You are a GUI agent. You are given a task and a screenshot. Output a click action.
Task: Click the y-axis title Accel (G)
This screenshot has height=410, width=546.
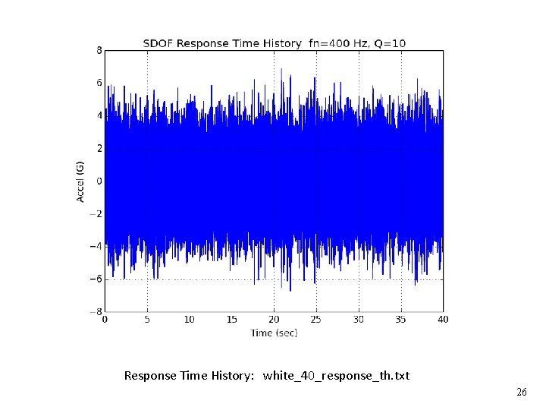pos(80,180)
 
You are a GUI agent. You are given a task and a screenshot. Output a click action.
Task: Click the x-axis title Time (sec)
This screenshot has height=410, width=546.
pos(274,333)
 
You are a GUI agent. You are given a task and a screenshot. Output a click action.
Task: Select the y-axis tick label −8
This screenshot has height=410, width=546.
pos(97,311)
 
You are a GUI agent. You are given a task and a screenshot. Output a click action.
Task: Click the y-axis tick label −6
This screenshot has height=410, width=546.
pos(97,279)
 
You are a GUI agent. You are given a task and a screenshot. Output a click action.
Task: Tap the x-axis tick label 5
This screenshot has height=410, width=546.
pos(147,320)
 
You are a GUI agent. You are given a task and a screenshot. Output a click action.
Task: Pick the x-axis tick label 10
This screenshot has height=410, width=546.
pos(190,320)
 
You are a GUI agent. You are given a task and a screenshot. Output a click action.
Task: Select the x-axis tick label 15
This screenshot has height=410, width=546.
pos(232,320)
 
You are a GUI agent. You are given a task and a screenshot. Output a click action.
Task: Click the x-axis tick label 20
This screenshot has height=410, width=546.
pos(275,320)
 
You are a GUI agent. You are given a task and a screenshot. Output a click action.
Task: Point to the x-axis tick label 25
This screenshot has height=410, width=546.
pos(316,320)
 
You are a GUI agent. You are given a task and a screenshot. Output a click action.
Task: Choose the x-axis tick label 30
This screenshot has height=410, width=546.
pos(359,320)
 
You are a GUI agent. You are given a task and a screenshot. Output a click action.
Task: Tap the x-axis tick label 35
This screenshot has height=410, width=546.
pos(401,320)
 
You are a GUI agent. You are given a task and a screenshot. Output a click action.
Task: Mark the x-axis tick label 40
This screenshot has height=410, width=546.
pos(443,320)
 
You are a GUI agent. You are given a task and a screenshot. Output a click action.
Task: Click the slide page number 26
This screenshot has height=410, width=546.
pos(521,393)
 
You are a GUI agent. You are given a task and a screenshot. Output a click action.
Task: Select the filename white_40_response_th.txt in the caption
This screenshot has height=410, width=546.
pos(336,376)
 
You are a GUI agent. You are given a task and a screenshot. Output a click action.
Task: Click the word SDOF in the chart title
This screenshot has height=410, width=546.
pos(157,43)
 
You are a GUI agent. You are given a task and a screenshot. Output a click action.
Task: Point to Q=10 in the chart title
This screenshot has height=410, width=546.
pos(388,43)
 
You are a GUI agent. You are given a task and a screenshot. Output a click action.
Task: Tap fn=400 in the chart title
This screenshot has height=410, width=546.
pos(332,43)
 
